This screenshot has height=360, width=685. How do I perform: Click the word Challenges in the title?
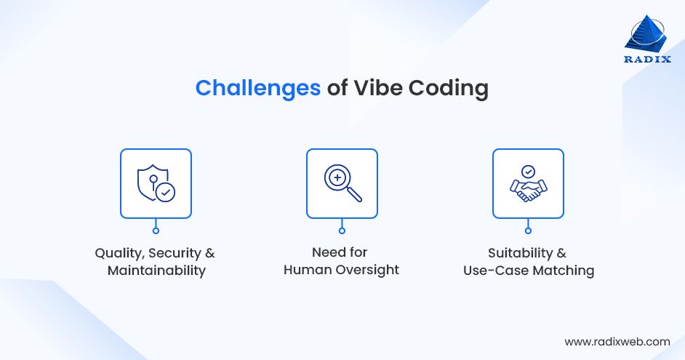[257, 88]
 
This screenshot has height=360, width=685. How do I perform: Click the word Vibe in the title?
[377, 88]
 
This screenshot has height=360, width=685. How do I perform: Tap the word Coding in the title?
[448, 88]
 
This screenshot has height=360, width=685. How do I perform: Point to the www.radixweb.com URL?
[617, 341]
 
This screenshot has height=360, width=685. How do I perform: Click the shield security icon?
[155, 183]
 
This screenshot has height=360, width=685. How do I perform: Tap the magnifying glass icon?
[342, 183]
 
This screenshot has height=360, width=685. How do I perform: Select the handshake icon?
[528, 187]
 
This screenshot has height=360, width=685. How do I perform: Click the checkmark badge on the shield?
[166, 193]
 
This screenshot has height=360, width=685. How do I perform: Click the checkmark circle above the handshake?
[528, 171]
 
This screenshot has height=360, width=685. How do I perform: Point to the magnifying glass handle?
[354, 194]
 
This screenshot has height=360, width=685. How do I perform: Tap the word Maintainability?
[156, 271]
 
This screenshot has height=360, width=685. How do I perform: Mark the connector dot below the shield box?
[156, 231]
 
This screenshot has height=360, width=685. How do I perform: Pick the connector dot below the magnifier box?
[342, 231]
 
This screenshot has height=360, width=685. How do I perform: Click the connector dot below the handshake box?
[528, 231]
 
